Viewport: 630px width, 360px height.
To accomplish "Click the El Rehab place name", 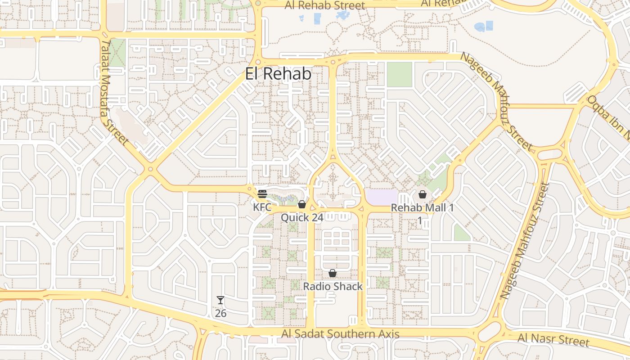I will point(278,74).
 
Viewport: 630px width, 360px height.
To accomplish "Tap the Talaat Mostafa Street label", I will point(115,92).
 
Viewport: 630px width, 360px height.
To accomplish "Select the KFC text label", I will point(262,207).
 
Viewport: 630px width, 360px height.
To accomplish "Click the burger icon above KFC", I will point(262,194).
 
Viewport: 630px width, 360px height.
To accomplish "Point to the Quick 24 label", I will point(302,218).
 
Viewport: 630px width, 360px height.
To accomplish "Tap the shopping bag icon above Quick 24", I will point(302,205).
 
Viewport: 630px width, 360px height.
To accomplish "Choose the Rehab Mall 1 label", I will point(422,208).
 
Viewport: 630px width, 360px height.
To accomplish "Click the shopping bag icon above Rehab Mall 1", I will point(423,194).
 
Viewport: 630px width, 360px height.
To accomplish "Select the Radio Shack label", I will point(333,286).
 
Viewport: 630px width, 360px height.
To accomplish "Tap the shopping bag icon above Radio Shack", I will point(333,273).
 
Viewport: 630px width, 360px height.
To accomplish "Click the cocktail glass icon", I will point(220,300).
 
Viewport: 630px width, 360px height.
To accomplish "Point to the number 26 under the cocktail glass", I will point(220,313).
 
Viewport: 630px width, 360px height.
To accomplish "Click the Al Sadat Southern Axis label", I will point(341,334).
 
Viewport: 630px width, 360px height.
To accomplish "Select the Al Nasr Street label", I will point(553,340).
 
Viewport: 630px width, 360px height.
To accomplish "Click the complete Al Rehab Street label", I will point(325,5).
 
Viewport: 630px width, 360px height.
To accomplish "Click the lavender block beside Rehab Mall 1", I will point(382,197).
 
